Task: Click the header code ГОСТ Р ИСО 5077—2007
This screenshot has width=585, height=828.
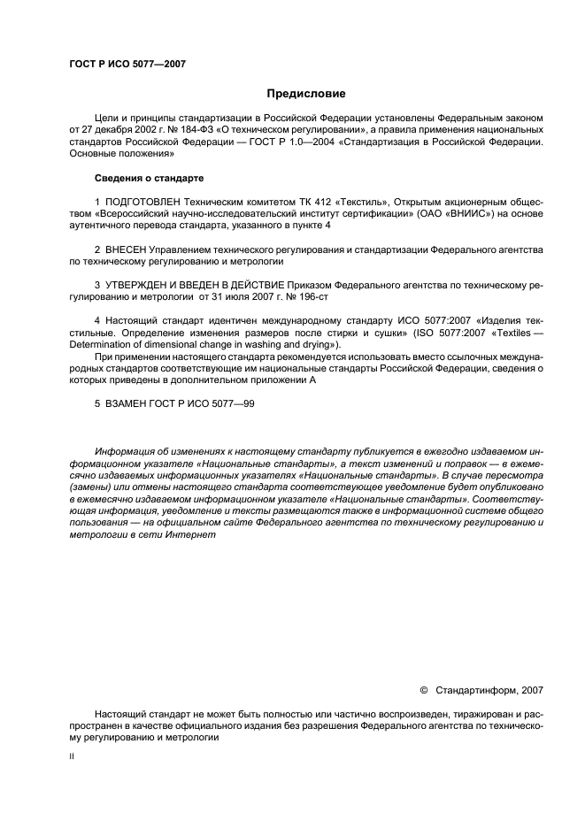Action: [x=127, y=64]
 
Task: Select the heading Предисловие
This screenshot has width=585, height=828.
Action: [x=306, y=93]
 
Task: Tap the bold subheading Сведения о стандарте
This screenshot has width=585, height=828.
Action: [x=149, y=178]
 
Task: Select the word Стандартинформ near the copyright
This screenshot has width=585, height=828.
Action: [x=464, y=688]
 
